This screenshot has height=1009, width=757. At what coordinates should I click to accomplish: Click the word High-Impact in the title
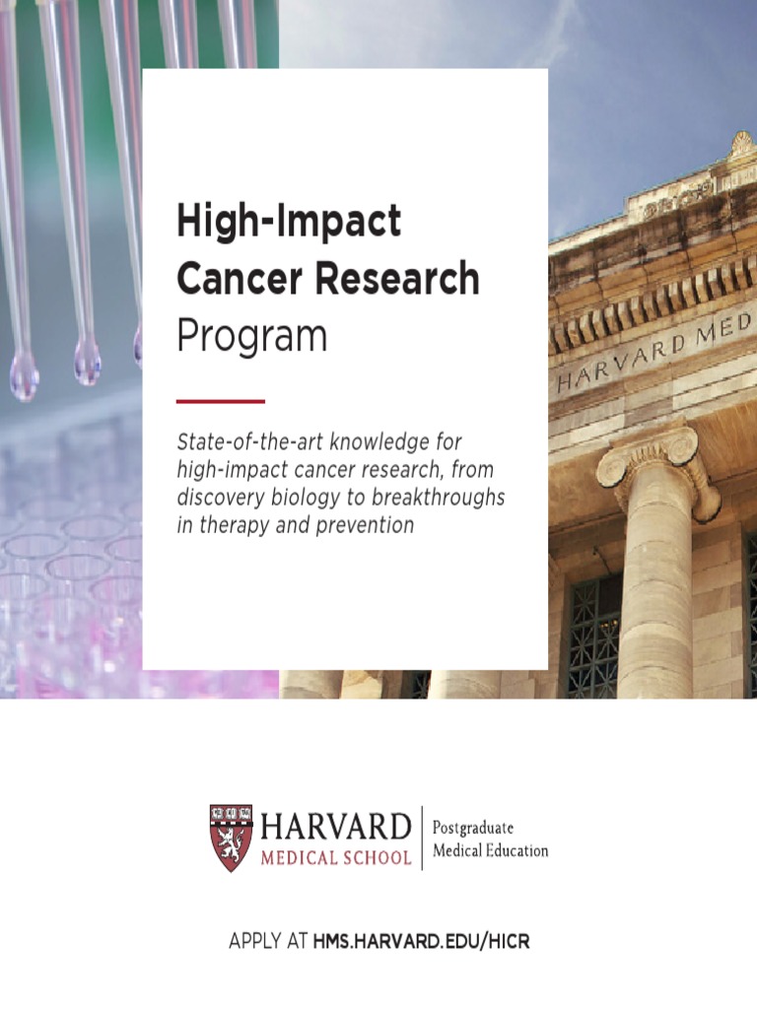click(x=289, y=222)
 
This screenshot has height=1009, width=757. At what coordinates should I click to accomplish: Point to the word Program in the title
click(x=251, y=337)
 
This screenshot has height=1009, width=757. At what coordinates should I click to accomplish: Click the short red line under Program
click(x=220, y=401)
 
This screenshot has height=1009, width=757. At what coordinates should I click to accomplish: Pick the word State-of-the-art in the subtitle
click(x=247, y=439)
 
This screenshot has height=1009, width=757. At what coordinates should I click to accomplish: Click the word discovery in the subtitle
click(x=218, y=497)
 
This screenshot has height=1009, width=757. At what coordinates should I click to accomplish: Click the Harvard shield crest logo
click(x=231, y=838)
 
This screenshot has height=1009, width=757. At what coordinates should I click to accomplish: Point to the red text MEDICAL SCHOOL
click(x=336, y=857)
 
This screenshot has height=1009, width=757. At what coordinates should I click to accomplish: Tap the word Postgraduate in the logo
click(x=473, y=828)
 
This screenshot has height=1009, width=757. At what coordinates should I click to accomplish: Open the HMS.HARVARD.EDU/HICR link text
click(x=421, y=942)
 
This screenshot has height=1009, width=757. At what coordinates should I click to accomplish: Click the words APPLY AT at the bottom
click(x=267, y=942)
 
